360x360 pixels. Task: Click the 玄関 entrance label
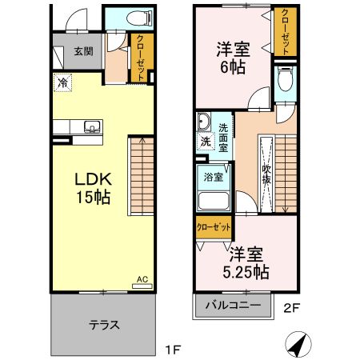click(83, 50)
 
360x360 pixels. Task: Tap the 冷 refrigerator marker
click(62, 82)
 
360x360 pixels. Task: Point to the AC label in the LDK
click(142, 279)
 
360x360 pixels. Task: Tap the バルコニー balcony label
click(231, 306)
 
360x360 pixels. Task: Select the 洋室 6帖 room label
click(233, 58)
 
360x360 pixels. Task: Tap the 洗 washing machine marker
click(205, 142)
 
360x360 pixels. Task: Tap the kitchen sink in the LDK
click(91, 126)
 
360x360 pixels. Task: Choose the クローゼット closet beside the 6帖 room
click(283, 32)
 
